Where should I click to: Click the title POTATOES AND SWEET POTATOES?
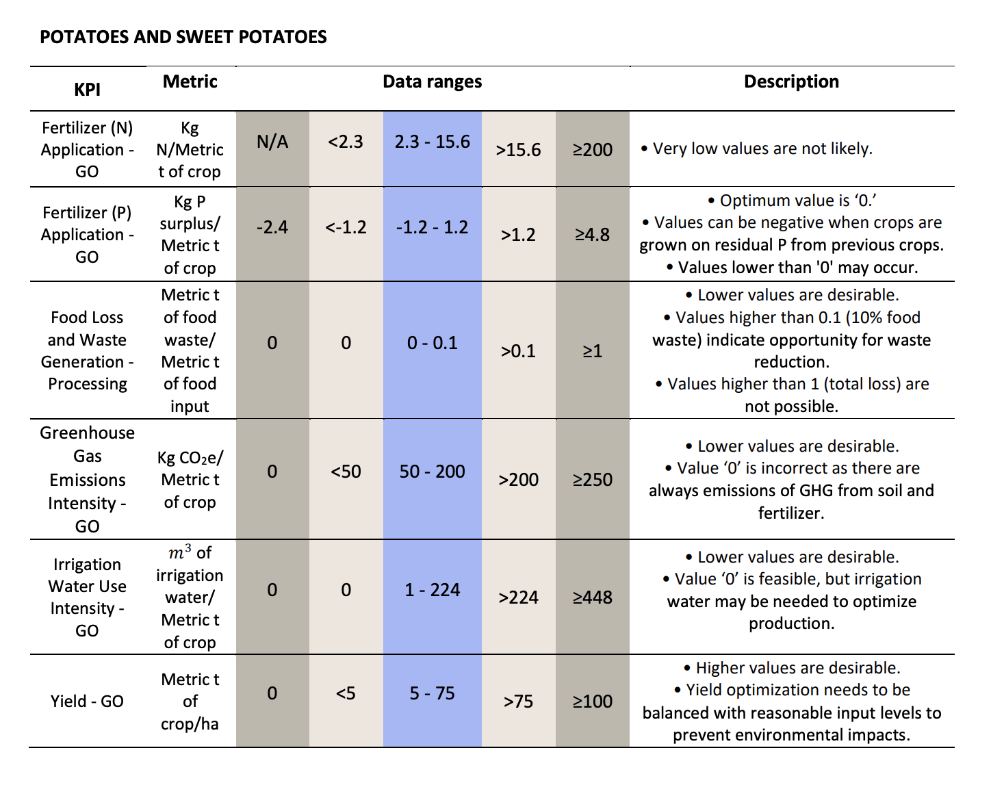(x=183, y=37)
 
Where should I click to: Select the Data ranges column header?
(x=433, y=81)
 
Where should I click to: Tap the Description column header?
(x=792, y=81)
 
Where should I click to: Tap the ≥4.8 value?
(x=593, y=235)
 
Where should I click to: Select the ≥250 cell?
(x=593, y=480)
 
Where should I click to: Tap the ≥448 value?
(x=593, y=597)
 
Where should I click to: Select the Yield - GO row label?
(x=87, y=702)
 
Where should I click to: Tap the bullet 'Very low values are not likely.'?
(x=757, y=149)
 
